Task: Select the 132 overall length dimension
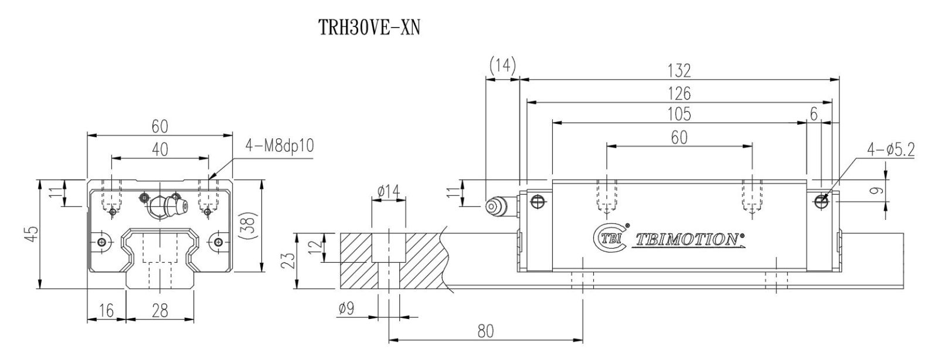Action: click(x=679, y=71)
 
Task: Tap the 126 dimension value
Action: click(x=679, y=93)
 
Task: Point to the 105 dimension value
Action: click(x=679, y=114)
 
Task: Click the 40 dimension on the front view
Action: click(x=159, y=150)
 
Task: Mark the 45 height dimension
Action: click(x=33, y=233)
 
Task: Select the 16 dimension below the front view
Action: click(x=106, y=311)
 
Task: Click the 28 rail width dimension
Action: click(x=159, y=311)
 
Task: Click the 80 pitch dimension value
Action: click(x=485, y=331)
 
